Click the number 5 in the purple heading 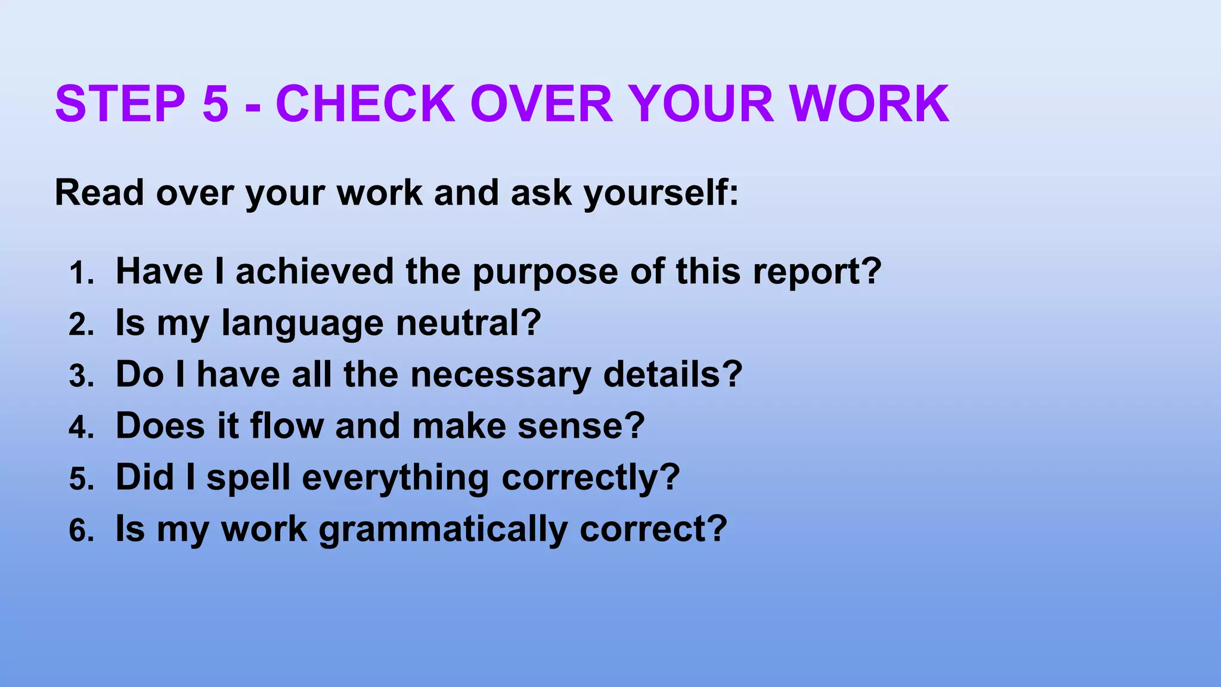point(215,104)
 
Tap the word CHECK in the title point(365,104)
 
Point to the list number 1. point(80,274)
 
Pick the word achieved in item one point(315,271)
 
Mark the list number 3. point(80,377)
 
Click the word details point(665,375)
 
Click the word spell point(248,479)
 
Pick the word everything point(395,479)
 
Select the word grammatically point(443,530)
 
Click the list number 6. point(80,531)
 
